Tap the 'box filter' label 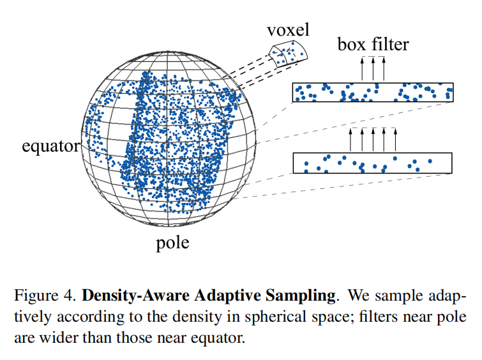373,45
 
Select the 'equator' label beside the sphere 50,147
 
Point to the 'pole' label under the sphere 172,243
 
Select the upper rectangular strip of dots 373,93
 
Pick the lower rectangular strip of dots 373,163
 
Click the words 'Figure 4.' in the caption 44,296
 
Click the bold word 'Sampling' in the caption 310,296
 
